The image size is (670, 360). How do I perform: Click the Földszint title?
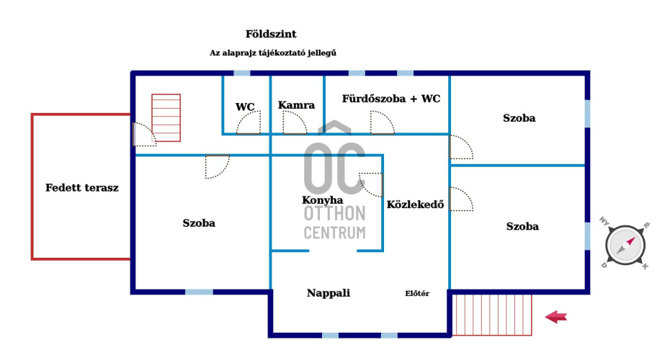click(271, 34)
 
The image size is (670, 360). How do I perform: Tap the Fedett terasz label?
click(82, 188)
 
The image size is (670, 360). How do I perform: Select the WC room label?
click(245, 107)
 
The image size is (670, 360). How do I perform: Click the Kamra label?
click(296, 105)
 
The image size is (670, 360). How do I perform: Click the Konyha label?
click(322, 200)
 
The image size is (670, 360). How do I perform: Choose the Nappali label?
click(329, 293)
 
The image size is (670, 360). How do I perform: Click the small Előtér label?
click(417, 293)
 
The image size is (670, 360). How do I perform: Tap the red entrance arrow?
click(556, 316)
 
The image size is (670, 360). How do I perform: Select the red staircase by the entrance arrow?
click(492, 314)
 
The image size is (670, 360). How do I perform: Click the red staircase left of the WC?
click(166, 118)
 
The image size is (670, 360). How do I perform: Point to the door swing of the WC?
click(248, 123)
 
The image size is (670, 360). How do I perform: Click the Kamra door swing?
click(295, 123)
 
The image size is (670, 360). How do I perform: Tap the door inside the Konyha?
click(371, 184)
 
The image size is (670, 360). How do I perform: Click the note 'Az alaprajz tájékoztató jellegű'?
click(273, 53)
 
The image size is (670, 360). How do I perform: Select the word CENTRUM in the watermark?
click(334, 233)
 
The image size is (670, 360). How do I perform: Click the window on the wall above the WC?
click(242, 73)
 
